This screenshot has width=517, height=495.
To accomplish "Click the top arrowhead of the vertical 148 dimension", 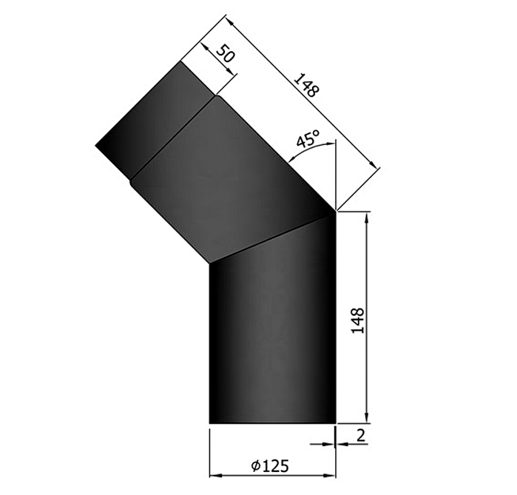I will pos(367,217).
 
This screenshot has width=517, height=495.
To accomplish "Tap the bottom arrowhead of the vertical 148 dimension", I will pos(367,419).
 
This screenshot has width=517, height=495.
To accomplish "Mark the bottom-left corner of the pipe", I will pos(211,424).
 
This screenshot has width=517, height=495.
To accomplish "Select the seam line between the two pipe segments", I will pos(274,237).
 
